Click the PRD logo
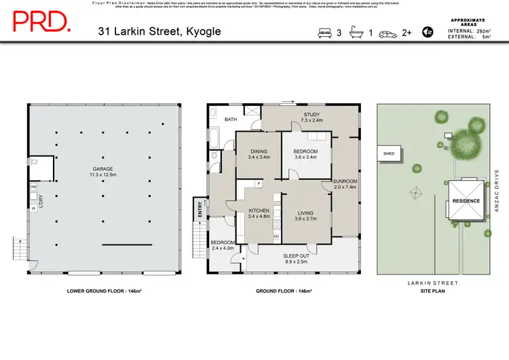coord(41,22)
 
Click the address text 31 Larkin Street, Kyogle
coord(159,31)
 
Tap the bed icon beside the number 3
coord(324,32)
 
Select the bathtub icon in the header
coord(357,32)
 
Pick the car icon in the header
coord(388,32)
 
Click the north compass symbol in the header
coord(428,31)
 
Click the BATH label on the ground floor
coord(231,120)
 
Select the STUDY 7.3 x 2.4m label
coord(312,118)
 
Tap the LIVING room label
coord(306,215)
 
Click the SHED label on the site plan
coord(390,154)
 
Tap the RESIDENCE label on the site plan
coord(467,201)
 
